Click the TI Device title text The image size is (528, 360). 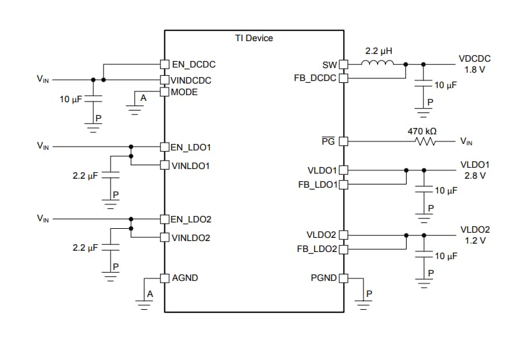[x=254, y=38]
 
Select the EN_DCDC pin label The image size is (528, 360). [x=194, y=64]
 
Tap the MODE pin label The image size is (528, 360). [x=184, y=92]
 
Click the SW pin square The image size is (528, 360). [x=343, y=64]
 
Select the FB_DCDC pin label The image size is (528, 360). [x=315, y=78]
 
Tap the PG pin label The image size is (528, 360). [x=328, y=141]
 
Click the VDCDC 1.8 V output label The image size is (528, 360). [x=475, y=64]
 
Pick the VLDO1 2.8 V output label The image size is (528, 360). [x=475, y=170]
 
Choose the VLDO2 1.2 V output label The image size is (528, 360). [x=475, y=235]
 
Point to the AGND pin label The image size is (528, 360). [x=185, y=278]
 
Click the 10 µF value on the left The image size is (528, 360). [x=70, y=100]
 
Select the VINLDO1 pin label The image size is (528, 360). [x=191, y=165]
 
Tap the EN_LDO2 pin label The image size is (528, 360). [x=191, y=219]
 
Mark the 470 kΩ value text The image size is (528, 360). [x=422, y=130]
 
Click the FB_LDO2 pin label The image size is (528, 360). [x=317, y=249]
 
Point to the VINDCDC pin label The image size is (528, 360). [x=191, y=80]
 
